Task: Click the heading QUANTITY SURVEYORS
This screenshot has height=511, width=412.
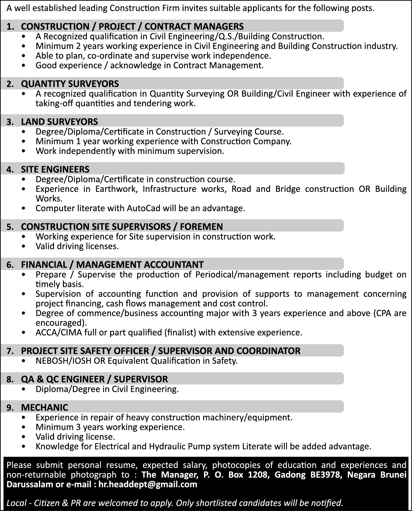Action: pos(70,84)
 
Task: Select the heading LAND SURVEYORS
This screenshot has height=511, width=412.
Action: pos(59,122)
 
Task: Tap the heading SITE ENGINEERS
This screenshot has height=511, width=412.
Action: pos(55,169)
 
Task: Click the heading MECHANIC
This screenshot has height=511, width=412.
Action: pos(44,408)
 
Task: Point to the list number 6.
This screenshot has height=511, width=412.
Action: pos(10,265)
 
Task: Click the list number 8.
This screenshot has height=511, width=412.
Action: pos(10,379)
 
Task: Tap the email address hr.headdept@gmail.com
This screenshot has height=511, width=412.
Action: pos(148,484)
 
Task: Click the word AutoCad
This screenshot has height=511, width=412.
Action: pos(144,208)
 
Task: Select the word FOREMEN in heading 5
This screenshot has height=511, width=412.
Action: pos(202,227)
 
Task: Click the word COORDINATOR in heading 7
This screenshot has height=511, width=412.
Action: pos(268,351)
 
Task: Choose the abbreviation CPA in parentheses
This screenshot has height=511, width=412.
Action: pos(385,313)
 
